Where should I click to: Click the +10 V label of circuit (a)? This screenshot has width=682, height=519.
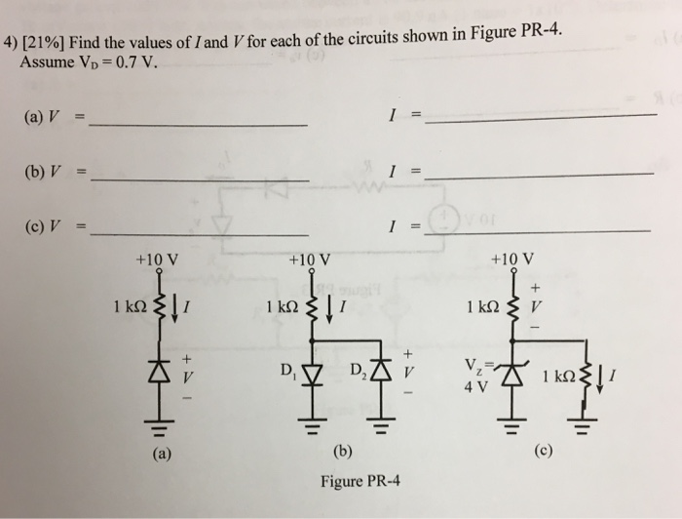156,261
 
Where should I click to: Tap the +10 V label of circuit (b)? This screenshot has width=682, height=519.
310,261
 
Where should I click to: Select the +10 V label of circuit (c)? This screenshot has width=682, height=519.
512,261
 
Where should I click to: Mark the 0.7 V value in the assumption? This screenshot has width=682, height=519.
133,64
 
